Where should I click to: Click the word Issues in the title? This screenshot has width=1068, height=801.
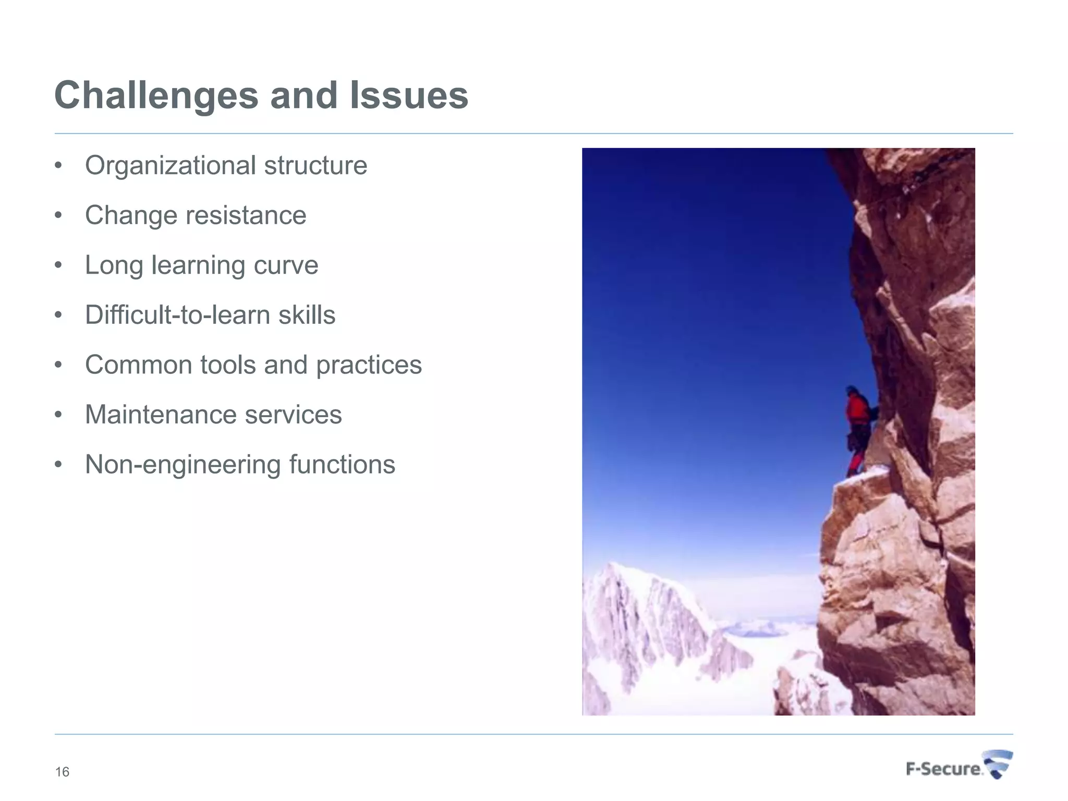(408, 96)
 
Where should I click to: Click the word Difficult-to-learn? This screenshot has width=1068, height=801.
(177, 315)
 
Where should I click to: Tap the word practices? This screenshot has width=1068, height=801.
(369, 365)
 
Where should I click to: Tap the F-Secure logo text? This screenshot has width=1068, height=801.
(943, 769)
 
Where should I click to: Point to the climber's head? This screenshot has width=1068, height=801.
(852, 391)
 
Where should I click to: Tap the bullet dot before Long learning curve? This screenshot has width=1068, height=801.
(58, 265)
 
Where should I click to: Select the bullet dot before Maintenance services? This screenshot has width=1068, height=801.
(58, 415)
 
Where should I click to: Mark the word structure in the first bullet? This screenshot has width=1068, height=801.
(315, 166)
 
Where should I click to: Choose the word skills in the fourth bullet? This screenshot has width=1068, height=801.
(307, 315)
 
